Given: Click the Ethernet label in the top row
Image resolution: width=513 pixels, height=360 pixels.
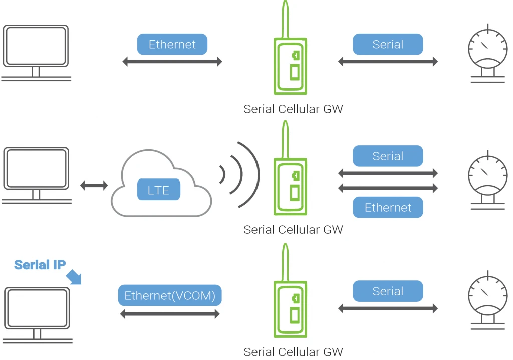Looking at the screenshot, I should tap(172, 44).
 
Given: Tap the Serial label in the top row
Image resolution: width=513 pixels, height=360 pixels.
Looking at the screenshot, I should tap(388, 44).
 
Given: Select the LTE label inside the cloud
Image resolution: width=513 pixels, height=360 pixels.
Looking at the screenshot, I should tap(158, 190).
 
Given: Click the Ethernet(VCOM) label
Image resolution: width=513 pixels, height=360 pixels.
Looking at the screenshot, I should tap(170, 296).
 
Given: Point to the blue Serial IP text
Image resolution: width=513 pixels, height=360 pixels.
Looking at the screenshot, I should tap(40, 265).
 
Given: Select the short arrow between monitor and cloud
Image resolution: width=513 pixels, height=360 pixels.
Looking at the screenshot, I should tap(94, 186).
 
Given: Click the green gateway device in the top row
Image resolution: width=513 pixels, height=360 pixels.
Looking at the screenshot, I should tap(290, 65).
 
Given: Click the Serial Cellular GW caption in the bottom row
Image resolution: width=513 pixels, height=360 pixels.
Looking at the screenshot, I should tap(293, 352).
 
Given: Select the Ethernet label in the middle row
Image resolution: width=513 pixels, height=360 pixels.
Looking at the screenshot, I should tap(388, 208).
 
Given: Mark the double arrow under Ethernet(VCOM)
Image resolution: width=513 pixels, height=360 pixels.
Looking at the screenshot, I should tap(170, 314).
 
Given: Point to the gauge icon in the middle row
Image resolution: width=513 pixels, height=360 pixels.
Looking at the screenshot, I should tap(487, 178).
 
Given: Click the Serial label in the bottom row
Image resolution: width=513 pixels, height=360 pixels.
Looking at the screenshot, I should tap(388, 291).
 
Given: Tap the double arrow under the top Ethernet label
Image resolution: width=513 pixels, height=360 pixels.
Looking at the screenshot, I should tap(172, 62).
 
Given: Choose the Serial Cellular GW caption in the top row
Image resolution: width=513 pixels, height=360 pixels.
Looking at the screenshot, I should tap(293, 109).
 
